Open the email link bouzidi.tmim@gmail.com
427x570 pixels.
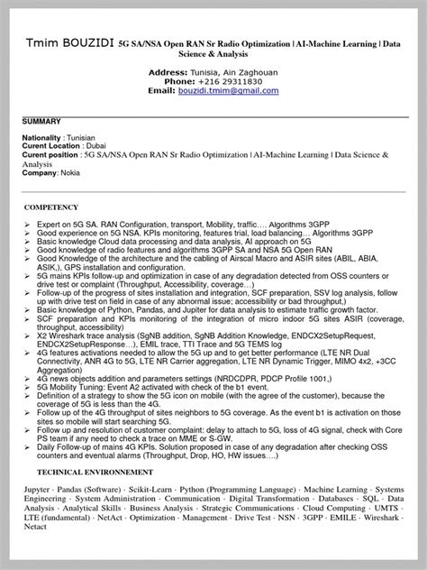click(x=228, y=91)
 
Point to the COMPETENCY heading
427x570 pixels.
click(x=52, y=207)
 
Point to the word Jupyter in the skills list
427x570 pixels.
click(x=40, y=488)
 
